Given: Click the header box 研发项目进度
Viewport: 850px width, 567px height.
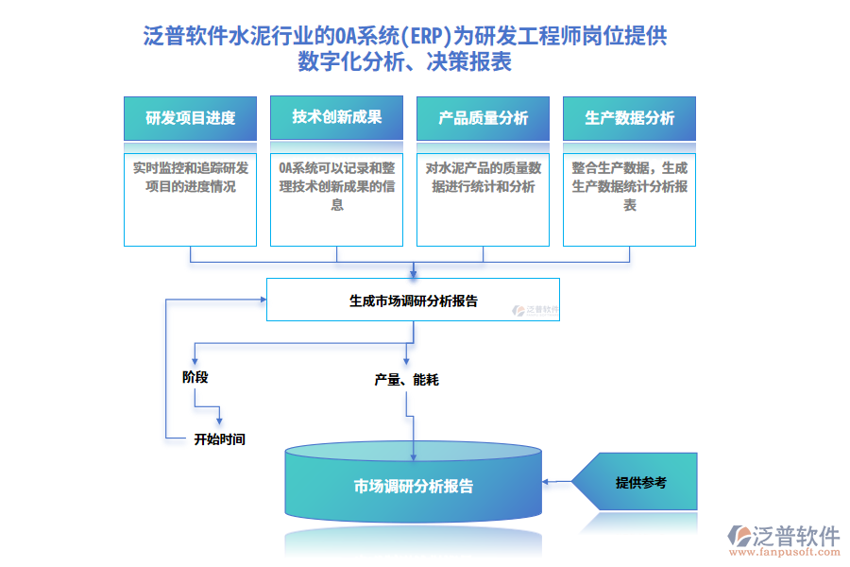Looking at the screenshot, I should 190,118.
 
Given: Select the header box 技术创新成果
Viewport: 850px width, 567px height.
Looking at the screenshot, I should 336,117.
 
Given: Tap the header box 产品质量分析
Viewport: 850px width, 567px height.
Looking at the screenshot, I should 483,118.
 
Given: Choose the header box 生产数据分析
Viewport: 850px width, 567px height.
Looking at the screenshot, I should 629,118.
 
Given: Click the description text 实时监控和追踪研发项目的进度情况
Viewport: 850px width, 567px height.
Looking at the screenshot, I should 190,177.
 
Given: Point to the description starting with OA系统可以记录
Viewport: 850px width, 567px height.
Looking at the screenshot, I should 336,186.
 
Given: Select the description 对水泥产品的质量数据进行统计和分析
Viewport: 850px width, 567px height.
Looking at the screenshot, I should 483,177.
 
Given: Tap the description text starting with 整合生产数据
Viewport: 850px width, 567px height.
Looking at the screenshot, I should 629,186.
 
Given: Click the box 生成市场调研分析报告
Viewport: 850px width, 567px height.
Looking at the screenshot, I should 413,301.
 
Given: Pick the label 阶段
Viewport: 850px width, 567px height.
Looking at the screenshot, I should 195,376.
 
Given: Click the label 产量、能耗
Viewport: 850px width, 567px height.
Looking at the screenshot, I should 406,380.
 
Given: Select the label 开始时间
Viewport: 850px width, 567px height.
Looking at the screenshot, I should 219,438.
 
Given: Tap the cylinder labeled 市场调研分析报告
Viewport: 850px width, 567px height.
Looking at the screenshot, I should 414,487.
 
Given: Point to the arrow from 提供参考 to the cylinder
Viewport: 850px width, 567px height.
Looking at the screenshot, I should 557,482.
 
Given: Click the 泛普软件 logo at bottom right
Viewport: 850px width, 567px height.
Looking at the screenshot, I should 783,535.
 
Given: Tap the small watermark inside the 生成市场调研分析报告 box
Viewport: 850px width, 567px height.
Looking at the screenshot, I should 536,309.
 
